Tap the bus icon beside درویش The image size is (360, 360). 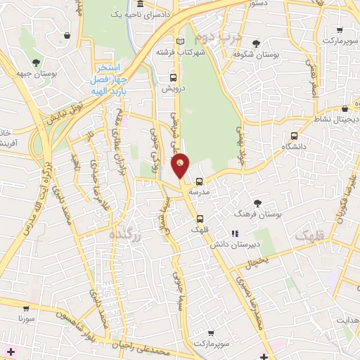tap(173, 78)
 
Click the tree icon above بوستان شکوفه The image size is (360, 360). tap(266, 41)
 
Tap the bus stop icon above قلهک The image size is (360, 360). tap(200, 217)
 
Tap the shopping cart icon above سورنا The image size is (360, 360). tap(26, 308)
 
